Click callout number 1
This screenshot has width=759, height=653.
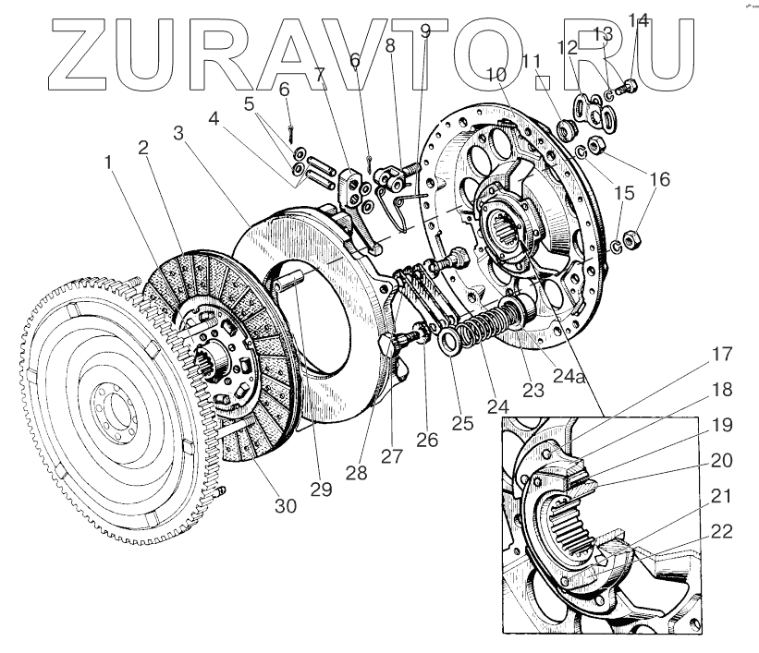108,163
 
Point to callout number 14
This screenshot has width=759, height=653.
639,18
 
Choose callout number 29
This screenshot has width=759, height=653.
320,490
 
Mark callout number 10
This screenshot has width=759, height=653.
497,73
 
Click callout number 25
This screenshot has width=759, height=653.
462,424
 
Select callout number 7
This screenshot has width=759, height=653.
320,75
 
